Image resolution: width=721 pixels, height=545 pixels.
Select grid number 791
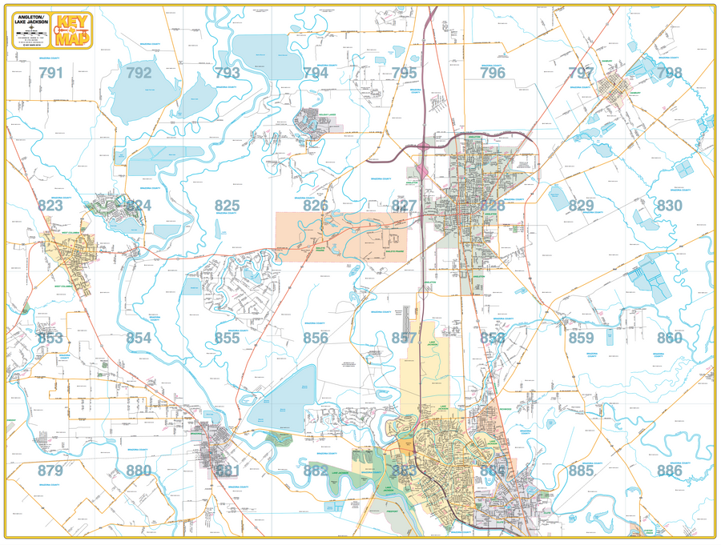click(50, 73)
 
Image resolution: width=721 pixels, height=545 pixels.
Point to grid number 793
click(227, 73)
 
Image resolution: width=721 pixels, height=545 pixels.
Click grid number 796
click(493, 73)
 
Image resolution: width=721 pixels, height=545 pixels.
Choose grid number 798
click(669, 73)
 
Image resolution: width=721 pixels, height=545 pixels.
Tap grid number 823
click(50, 206)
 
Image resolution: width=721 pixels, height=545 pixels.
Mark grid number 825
click(227, 206)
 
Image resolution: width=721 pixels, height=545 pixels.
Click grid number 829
click(581, 206)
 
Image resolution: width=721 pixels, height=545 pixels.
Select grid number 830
click(669, 206)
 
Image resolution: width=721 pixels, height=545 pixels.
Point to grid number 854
click(139, 338)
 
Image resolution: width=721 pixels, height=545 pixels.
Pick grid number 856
click(316, 338)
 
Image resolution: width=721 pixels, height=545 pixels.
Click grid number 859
click(581, 338)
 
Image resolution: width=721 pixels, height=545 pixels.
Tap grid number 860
click(669, 338)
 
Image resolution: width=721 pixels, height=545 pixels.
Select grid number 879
click(50, 471)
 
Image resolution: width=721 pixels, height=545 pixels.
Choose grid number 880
click(139, 471)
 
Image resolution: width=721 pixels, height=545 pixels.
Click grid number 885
click(581, 471)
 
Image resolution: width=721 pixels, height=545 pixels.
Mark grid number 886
click(669, 471)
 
